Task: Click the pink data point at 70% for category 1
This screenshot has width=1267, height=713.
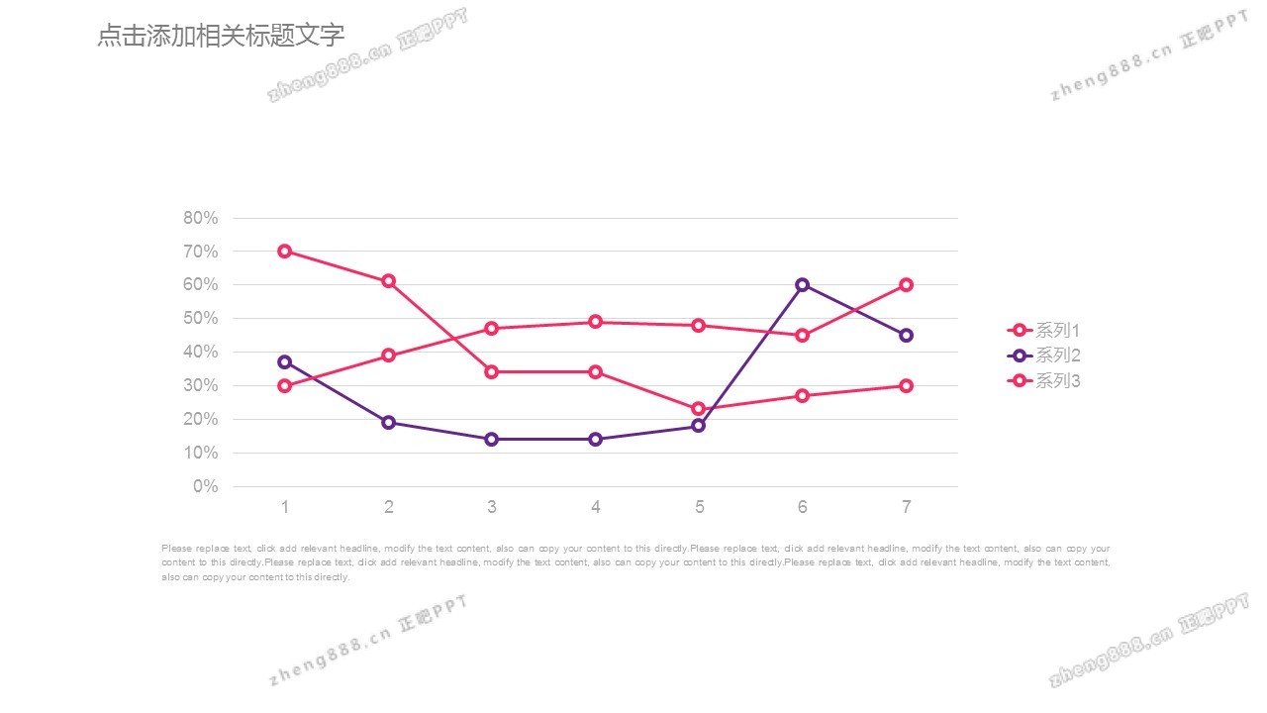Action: tap(285, 251)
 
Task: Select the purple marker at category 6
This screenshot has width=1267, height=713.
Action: tap(803, 284)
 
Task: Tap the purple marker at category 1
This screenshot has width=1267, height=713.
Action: tap(285, 361)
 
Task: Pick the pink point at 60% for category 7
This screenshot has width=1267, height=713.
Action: tap(906, 284)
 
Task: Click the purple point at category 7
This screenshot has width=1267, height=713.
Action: tap(906, 335)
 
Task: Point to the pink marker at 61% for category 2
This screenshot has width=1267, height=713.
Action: tap(389, 281)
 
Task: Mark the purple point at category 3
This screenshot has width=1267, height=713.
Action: tap(492, 439)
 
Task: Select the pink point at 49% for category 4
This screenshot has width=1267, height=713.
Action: tap(596, 322)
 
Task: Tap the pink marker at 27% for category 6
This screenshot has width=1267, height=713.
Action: tap(803, 395)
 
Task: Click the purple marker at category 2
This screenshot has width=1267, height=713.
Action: tap(389, 422)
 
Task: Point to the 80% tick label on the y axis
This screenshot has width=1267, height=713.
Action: tap(201, 218)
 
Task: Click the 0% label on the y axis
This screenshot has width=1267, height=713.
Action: tap(206, 486)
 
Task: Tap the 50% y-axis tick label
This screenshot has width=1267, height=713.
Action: tap(201, 318)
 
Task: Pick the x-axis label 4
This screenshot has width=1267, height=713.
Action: tap(596, 507)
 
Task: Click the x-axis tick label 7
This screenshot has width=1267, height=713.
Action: tap(906, 507)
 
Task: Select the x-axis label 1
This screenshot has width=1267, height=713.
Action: tap(285, 507)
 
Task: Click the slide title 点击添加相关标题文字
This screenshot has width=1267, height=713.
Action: tap(221, 37)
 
